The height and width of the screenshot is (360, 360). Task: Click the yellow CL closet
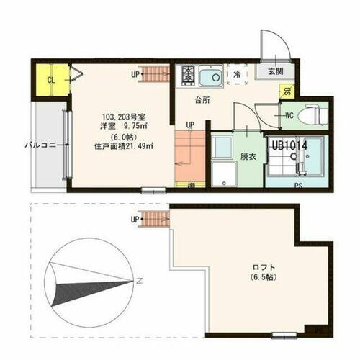[x=50, y=79]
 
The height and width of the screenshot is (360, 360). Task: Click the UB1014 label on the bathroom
[x=289, y=145]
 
